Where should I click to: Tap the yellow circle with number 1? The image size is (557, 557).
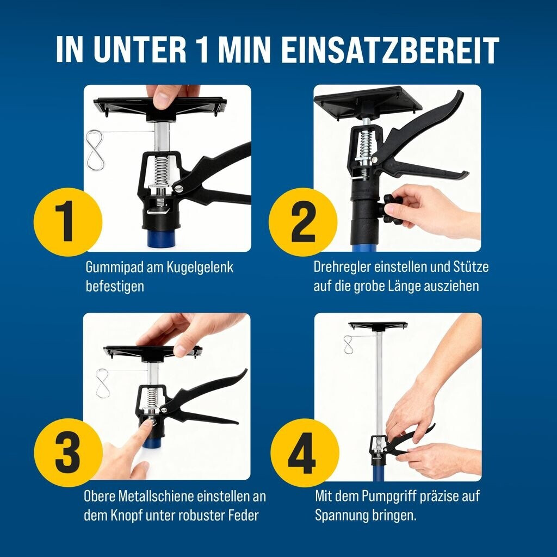tap(68, 222)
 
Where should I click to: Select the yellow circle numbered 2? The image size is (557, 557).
tap(302, 222)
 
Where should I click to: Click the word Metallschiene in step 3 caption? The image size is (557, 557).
tap(155, 497)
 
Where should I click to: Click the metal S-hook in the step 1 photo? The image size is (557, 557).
tap(96, 150)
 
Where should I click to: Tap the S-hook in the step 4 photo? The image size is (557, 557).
tap(348, 344)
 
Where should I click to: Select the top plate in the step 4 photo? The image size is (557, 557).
tap(378, 325)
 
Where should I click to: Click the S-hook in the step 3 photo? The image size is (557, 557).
tap(102, 383)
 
